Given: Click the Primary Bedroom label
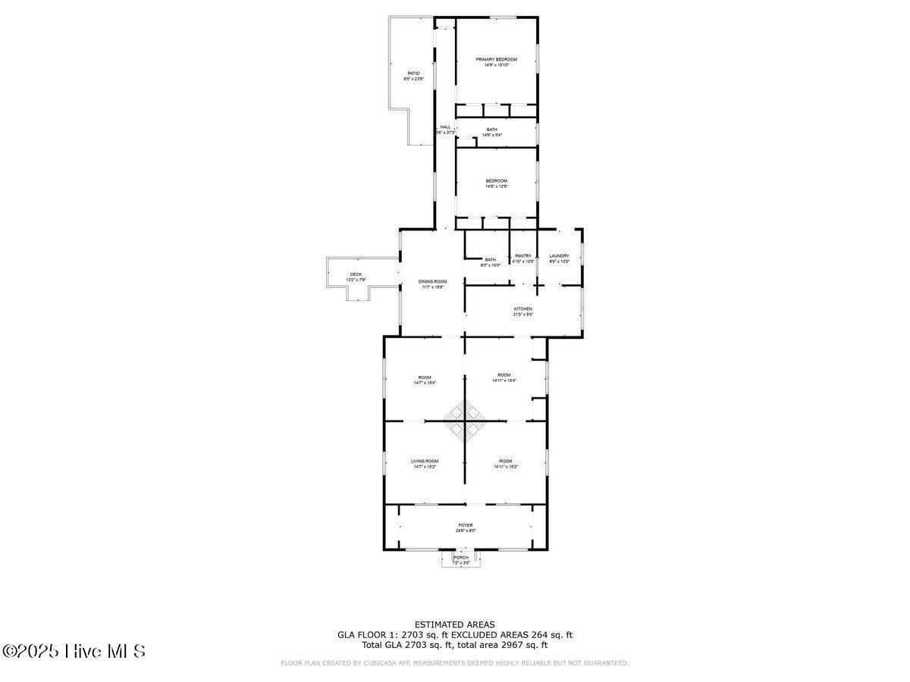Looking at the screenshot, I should pos(496,60).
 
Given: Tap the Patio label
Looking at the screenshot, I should pos(413,74).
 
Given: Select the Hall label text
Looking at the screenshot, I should pos(445,127).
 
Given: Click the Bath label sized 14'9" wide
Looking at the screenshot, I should pos(492,130).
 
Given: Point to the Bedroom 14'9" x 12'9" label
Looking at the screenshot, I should pos(496,180).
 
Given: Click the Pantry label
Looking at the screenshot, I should pos(523,256).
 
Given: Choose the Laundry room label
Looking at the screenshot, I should pos(559,256).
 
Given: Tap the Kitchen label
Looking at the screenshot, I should pos(523,309).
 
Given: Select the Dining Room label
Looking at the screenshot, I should pos(432,281).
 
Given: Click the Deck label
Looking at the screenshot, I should pos(356,274).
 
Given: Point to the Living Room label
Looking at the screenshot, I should pos(425,461).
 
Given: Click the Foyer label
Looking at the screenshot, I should pos(465,525).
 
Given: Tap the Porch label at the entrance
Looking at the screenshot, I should pos(461,558).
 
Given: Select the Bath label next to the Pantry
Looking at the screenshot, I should pos(491,260).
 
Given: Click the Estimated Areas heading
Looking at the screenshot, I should pos(454,624).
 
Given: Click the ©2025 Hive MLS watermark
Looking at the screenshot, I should pos(74,651).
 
